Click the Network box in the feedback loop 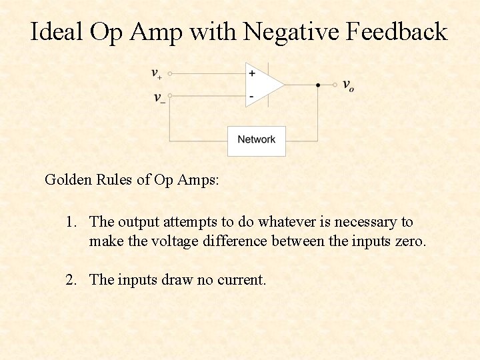pos(257,140)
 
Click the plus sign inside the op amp pos(251,73)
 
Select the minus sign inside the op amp pos(251,97)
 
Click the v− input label pos(159,98)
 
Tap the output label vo pos(348,85)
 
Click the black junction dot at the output pos(317,85)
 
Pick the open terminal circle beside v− pos(169,97)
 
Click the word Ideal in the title pos(56,31)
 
